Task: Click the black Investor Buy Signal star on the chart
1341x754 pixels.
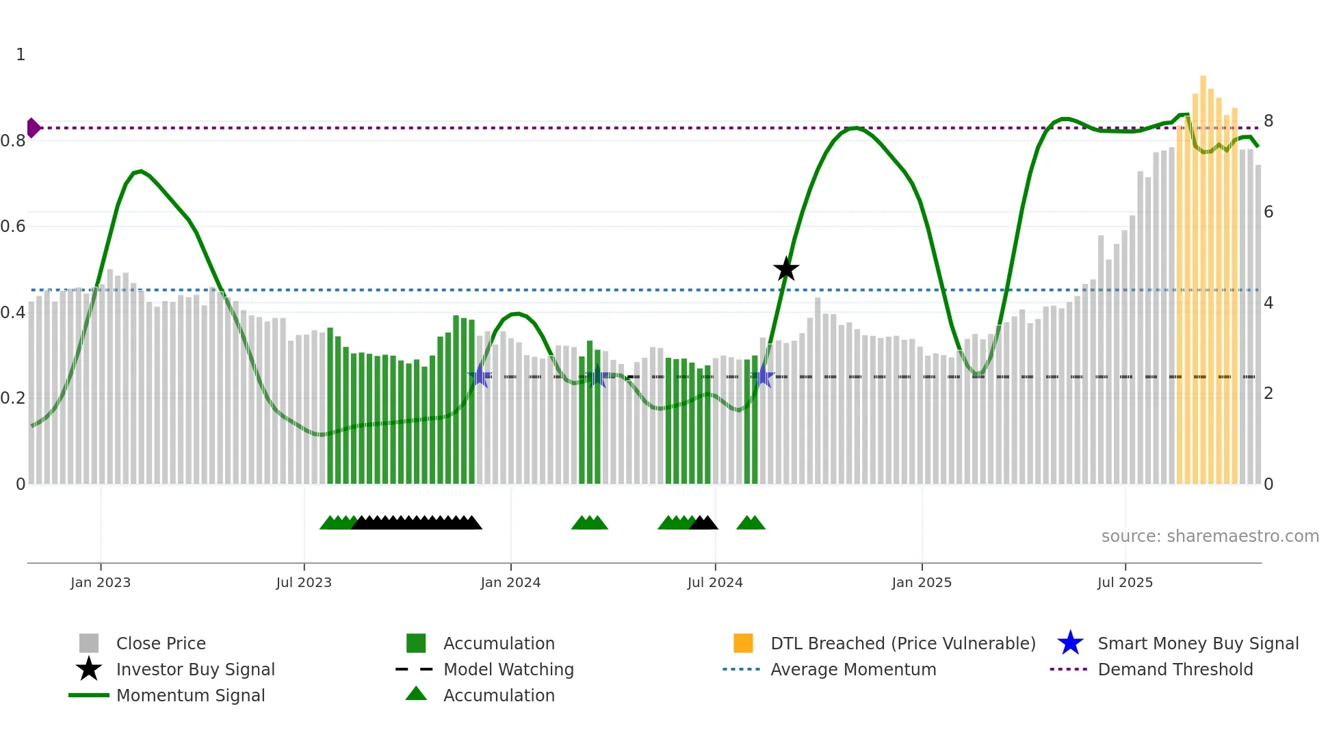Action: pyautogui.click(x=786, y=269)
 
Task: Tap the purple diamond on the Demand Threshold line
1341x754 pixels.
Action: pyautogui.click(x=33, y=128)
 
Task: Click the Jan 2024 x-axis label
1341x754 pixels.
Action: pyautogui.click(x=510, y=582)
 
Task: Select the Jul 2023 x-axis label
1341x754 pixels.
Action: pyautogui.click(x=304, y=582)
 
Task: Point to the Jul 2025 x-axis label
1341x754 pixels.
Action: pyautogui.click(x=1125, y=582)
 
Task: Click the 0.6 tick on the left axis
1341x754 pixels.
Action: pyautogui.click(x=13, y=226)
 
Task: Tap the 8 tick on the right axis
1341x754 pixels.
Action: pyautogui.click(x=1268, y=121)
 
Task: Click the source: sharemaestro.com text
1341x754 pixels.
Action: pyautogui.click(x=1210, y=536)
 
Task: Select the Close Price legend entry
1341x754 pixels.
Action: pyautogui.click(x=161, y=643)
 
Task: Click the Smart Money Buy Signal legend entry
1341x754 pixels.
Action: pyautogui.click(x=1197, y=643)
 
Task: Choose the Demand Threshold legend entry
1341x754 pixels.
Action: pyautogui.click(x=1175, y=669)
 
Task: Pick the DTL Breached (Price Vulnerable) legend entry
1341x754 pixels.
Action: pyautogui.click(x=902, y=643)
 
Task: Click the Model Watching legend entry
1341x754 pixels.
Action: pyautogui.click(x=508, y=669)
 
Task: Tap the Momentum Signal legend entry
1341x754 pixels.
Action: pyautogui.click(x=190, y=695)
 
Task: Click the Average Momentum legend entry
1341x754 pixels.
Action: pyautogui.click(x=853, y=669)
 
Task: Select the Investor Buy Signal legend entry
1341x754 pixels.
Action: pyautogui.click(x=195, y=669)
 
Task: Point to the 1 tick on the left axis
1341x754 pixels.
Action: pyautogui.click(x=21, y=55)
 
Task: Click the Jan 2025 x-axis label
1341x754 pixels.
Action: pyautogui.click(x=922, y=582)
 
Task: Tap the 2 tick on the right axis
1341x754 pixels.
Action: pyautogui.click(x=1268, y=393)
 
